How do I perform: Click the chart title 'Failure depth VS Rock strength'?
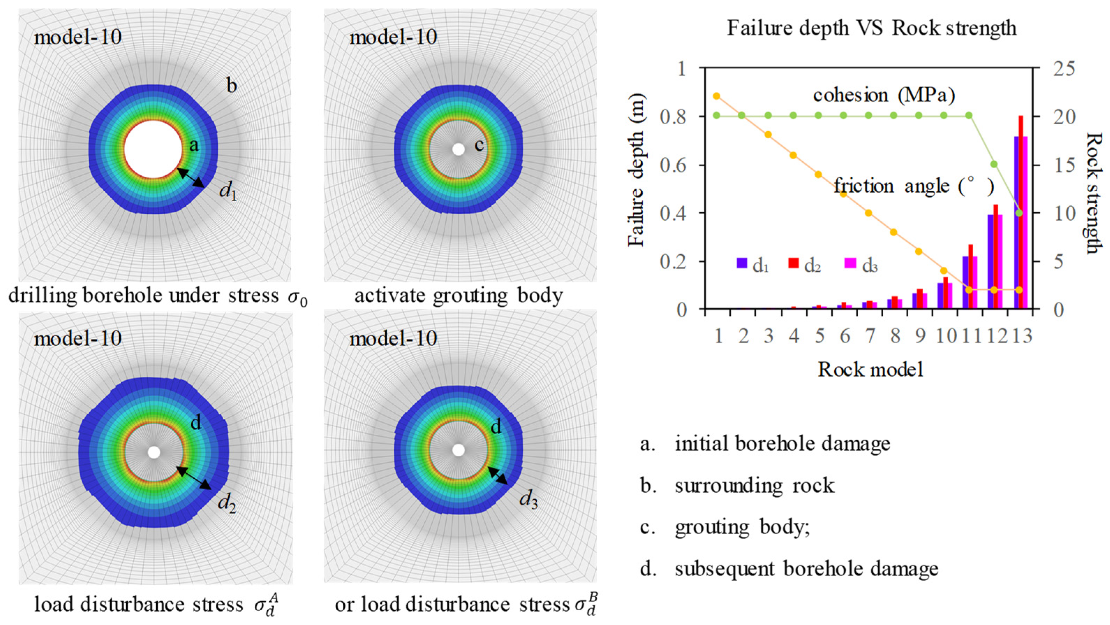871,28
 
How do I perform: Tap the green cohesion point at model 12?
994,164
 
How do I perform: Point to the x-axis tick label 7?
870,335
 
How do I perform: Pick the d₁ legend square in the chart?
742,263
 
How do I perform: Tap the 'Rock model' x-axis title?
870,370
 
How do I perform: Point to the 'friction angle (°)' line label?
914,186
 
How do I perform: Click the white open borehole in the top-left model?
153,149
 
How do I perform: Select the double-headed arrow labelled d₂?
194,478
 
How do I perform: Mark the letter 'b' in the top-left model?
232,86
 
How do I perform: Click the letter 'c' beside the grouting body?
479,145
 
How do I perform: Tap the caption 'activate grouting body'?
459,296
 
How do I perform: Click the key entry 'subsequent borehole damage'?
806,569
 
